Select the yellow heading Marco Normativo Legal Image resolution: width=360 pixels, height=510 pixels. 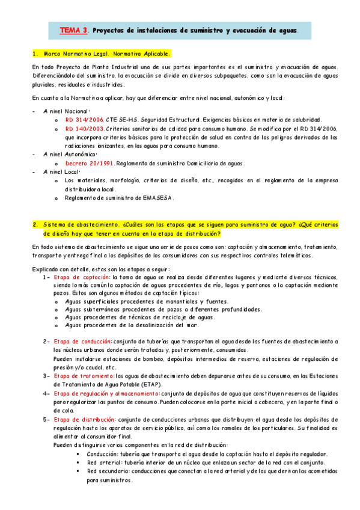[x=102, y=53]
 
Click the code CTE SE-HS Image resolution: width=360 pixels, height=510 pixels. [x=124, y=120]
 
